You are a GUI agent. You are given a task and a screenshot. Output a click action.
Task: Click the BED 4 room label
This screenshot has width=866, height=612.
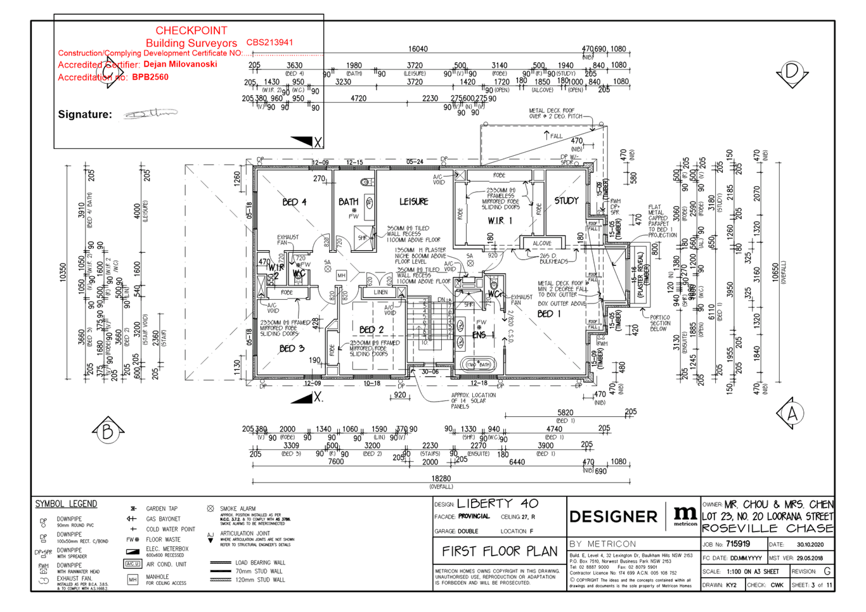[294, 202]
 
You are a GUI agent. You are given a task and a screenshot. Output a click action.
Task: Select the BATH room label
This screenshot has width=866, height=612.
[348, 202]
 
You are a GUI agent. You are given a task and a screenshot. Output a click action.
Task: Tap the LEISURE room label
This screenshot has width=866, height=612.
[414, 201]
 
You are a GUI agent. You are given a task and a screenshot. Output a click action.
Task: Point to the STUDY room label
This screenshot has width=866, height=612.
[566, 201]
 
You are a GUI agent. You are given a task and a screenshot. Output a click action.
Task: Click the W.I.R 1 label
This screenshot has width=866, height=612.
[500, 221]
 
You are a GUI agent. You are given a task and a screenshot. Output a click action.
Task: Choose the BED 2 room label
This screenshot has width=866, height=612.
[371, 329]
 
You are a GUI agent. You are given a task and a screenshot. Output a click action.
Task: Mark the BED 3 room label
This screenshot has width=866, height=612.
[292, 348]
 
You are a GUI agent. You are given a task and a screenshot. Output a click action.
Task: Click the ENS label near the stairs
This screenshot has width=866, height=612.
[479, 335]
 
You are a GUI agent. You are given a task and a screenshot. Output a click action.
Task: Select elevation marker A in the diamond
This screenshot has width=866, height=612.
[792, 413]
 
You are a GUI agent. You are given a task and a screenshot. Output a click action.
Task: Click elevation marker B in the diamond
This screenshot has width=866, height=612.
[107, 432]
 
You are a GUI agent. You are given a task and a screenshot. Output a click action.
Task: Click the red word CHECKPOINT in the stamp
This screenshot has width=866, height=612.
[191, 30]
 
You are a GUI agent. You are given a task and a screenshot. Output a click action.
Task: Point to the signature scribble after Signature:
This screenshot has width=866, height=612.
[150, 113]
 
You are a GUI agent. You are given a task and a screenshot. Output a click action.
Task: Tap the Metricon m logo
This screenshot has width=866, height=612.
[685, 515]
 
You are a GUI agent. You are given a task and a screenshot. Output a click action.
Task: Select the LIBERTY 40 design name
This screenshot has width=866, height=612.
[497, 504]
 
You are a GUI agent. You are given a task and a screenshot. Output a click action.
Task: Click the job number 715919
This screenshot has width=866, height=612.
[738, 544]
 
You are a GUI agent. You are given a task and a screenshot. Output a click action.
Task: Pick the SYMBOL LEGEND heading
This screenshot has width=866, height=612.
[67, 504]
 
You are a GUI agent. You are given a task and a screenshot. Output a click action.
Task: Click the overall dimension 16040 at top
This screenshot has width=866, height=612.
[417, 49]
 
